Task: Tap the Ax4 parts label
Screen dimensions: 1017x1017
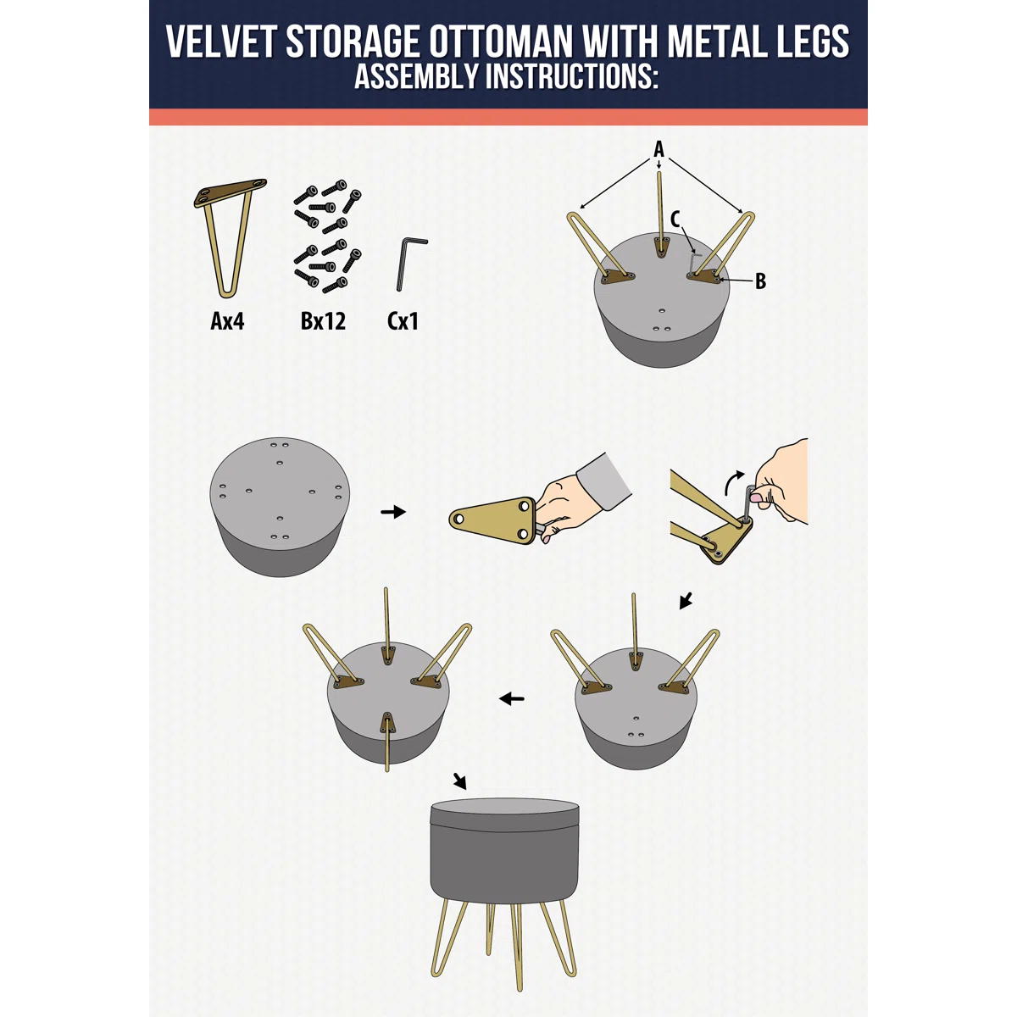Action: click(227, 321)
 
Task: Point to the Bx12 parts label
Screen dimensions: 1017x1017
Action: click(323, 321)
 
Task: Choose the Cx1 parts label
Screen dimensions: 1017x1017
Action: click(403, 321)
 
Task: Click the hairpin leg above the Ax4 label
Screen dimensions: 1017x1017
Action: click(231, 237)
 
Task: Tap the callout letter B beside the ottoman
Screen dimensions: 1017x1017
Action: click(760, 281)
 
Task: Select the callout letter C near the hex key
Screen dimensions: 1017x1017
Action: click(675, 219)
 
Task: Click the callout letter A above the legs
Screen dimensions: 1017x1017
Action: click(659, 149)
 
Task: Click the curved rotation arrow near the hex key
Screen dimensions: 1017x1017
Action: click(734, 481)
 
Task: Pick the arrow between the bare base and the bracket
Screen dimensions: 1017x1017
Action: click(393, 512)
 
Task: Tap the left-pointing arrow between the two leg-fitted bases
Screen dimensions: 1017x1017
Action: click(512, 699)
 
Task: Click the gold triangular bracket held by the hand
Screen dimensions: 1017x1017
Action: click(493, 520)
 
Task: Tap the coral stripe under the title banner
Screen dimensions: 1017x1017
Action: click(508, 117)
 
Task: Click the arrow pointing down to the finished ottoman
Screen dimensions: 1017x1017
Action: click(460, 781)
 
